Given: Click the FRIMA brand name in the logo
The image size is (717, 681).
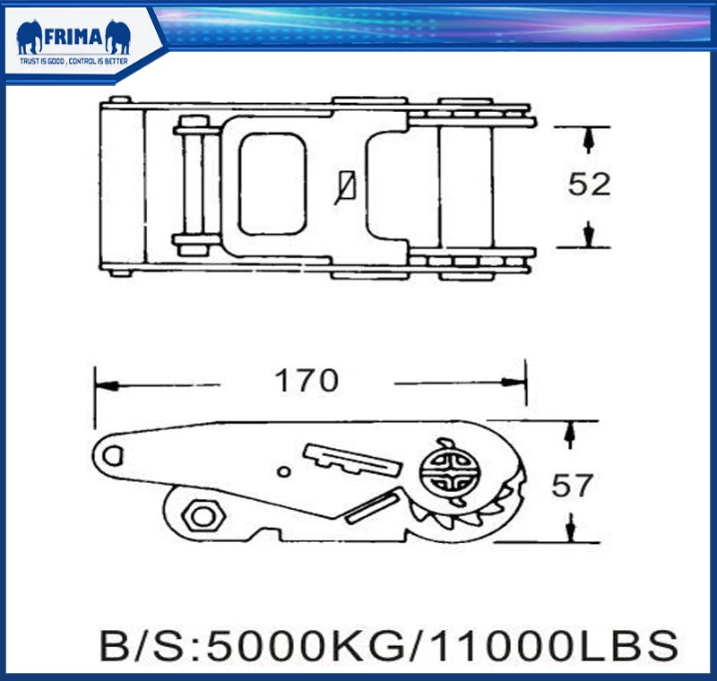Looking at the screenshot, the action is [x=73, y=37].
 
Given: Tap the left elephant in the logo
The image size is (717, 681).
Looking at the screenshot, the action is [x=30, y=37].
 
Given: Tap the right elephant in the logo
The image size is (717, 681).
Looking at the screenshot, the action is [x=118, y=37].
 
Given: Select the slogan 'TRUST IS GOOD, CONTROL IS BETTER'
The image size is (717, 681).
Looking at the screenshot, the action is [x=73, y=61].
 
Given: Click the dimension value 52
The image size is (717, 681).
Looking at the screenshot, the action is [x=589, y=185].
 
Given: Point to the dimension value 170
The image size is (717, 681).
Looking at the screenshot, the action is [x=307, y=380].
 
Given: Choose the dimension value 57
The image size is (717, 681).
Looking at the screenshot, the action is [x=572, y=486].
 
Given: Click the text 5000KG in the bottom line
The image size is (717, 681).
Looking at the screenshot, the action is [x=306, y=646].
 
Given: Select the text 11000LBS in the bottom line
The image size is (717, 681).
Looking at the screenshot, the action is [x=554, y=646].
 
